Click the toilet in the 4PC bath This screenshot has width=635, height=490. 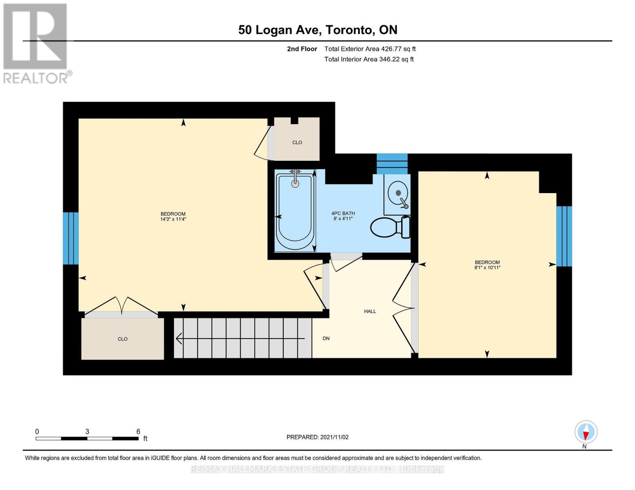[390, 227]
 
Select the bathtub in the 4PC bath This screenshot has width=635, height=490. [295, 212]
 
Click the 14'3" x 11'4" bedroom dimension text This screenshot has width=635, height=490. [173, 219]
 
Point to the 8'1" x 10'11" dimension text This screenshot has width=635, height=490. [487, 268]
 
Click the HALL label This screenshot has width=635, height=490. [370, 312]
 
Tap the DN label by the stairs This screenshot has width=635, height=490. [326, 339]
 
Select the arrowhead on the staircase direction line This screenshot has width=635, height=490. [179, 339]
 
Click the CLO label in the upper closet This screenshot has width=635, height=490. [297, 143]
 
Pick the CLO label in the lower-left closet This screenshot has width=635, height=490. [123, 339]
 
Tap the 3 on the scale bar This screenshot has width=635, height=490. [87, 432]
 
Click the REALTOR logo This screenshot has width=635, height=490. [36, 43]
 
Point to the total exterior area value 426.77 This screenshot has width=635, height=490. [392, 49]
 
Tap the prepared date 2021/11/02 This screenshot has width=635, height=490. [334, 437]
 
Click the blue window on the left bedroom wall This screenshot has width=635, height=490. [71, 238]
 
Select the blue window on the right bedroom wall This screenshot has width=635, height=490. [564, 236]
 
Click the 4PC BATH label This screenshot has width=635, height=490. [343, 214]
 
